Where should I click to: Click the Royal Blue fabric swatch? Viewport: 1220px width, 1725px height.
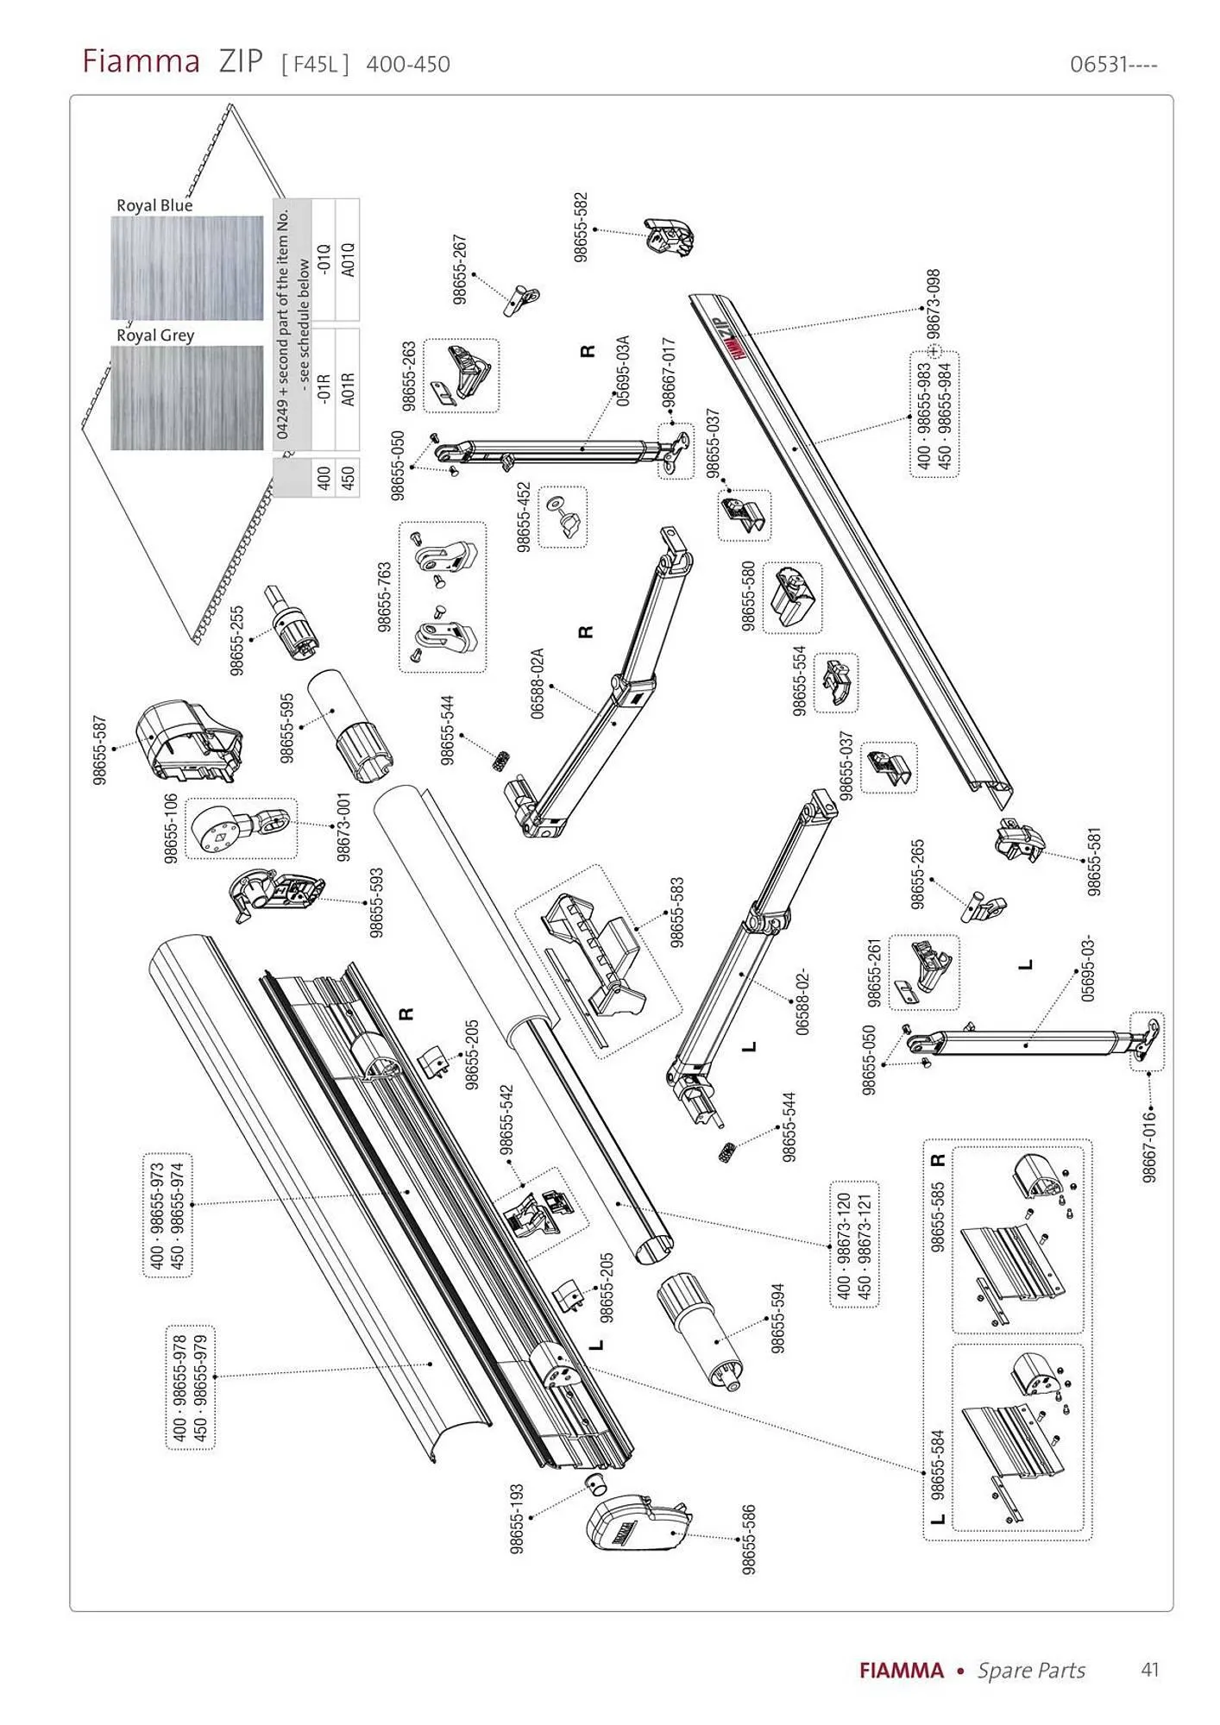click(x=187, y=268)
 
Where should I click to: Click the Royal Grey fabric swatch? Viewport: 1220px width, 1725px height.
click(x=187, y=398)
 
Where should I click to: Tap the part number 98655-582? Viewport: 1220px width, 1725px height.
click(x=581, y=227)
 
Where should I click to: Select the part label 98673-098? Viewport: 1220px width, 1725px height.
click(x=933, y=306)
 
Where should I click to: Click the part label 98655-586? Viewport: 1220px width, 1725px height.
click(x=749, y=1540)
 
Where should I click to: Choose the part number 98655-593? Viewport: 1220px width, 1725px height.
click(x=376, y=902)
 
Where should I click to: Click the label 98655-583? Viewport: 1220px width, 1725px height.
click(x=677, y=913)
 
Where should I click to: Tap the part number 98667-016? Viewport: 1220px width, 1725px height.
click(x=1149, y=1145)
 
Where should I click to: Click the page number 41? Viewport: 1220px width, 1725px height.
click(x=1149, y=1670)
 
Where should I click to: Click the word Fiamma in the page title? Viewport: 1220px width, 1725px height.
click(x=141, y=62)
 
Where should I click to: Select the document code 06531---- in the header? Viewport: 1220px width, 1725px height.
click(x=1114, y=65)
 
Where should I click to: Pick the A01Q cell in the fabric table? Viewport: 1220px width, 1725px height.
click(x=348, y=260)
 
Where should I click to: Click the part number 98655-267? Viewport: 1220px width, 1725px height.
click(x=460, y=268)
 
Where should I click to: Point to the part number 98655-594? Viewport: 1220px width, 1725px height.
click(x=777, y=1319)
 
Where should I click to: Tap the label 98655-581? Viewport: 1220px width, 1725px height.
click(x=1094, y=862)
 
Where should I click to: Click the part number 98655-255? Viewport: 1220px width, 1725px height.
click(x=237, y=640)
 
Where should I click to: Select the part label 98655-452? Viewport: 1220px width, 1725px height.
click(x=524, y=517)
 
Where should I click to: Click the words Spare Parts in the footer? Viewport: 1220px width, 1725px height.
click(x=1031, y=1671)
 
